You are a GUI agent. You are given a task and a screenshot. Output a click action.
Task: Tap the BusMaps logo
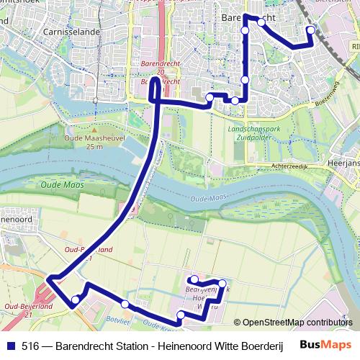[x=325, y=345]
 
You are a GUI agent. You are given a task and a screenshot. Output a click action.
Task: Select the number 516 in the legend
[x=30, y=345]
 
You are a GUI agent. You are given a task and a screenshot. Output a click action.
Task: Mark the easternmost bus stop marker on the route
[x=311, y=30]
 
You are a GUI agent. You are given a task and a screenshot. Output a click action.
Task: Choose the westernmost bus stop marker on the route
[x=75, y=300]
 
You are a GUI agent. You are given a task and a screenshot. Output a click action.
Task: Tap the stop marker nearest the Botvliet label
[x=125, y=304]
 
